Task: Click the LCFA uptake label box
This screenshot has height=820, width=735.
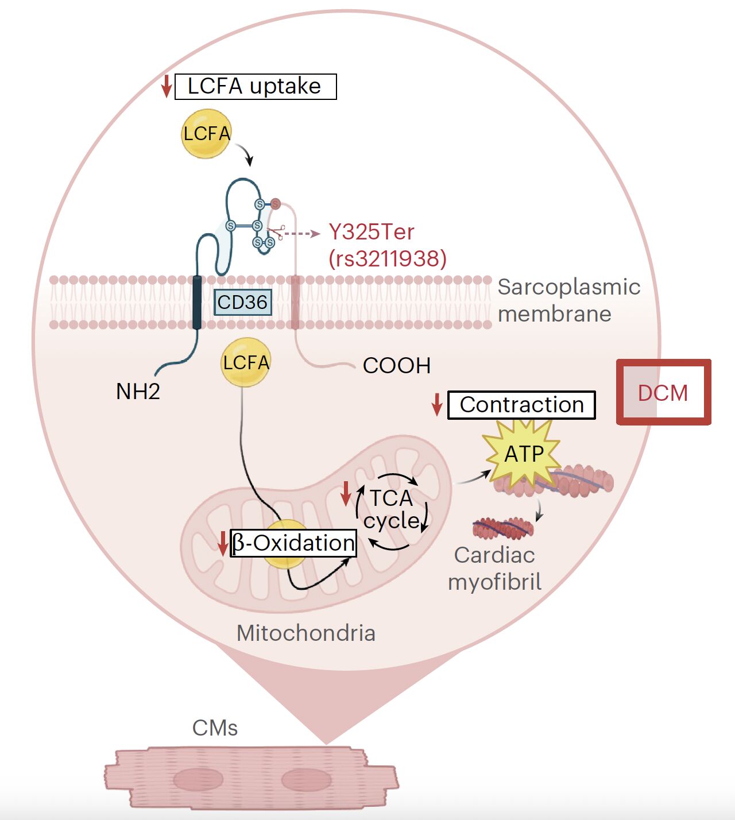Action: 255,87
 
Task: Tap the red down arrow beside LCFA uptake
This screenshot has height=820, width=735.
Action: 167,86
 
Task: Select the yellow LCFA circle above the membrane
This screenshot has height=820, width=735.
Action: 206,134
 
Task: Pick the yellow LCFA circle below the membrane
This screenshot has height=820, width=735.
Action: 246,362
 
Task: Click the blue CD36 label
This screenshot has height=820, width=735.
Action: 242,302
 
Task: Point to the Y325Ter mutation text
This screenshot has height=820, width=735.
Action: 371,232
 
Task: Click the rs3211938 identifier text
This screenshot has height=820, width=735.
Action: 388,258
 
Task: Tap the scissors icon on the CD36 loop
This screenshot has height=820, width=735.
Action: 277,231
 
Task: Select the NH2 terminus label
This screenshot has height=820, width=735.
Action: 138,392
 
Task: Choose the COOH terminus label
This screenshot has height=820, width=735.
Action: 397,365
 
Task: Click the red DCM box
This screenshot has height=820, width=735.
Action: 663,393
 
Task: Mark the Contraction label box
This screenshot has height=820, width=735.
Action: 521,405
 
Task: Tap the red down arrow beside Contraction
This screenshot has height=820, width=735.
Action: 437,405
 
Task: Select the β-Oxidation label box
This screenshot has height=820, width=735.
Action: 293,543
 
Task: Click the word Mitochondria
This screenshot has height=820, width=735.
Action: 306,633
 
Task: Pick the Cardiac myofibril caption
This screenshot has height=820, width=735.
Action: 494,568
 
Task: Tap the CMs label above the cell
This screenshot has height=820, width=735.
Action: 215,728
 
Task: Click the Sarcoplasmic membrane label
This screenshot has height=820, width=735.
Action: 568,300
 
